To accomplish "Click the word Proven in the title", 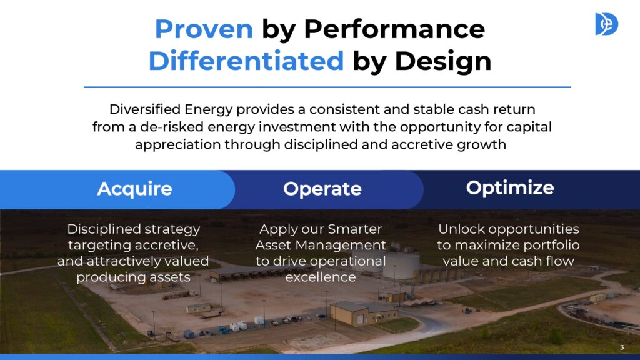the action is tap(204, 29).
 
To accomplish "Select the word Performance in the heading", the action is tap(394, 30).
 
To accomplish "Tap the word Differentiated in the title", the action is tap(246, 61).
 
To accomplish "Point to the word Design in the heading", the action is tap(443, 62).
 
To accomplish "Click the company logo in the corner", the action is tap(606, 24).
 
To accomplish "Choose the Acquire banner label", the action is tap(135, 189).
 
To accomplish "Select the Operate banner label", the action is tap(322, 189).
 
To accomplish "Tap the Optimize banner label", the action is tap(510, 188).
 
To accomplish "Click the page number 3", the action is tap(622, 347).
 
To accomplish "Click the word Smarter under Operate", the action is tap(354, 229).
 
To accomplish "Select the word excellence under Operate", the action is tap(321, 277).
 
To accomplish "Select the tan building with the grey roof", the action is tap(363, 313).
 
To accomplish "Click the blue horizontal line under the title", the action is tap(327, 87).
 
